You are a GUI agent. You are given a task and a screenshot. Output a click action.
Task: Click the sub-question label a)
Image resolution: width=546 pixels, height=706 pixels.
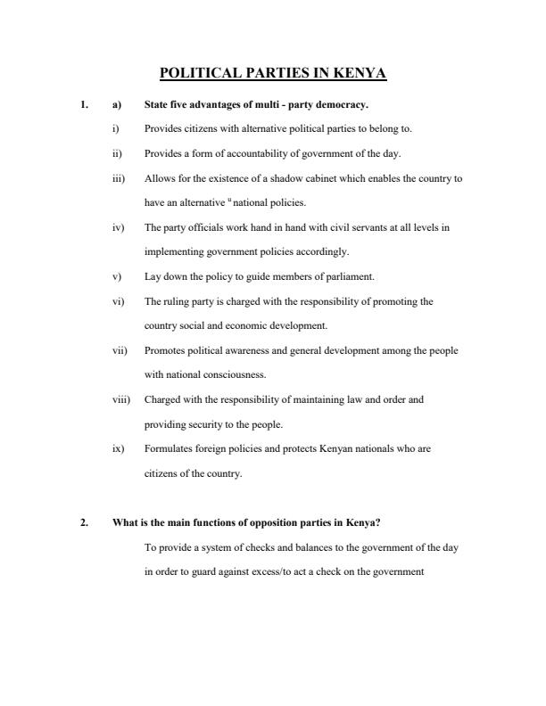click(117, 104)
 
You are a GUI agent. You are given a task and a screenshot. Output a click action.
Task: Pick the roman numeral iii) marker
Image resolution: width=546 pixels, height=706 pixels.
click(118, 178)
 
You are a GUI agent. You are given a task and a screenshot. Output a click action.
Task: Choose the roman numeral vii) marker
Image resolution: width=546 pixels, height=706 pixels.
click(120, 350)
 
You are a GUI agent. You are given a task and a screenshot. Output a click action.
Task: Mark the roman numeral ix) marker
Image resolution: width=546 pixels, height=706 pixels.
click(118, 448)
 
